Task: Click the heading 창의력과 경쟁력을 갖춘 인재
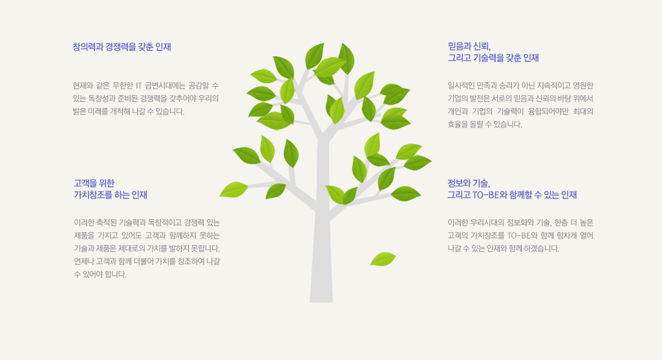coord(122,47)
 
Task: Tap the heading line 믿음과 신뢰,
coord(469,47)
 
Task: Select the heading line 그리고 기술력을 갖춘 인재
coord(493,58)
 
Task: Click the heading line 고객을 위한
coord(94,183)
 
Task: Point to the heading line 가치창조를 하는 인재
coord(110,195)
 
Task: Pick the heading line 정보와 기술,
coord(469,183)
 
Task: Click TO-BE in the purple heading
coord(486,195)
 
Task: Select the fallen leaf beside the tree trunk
coord(383,259)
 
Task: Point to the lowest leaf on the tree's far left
coord(233,189)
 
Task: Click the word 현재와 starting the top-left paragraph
coord(82,86)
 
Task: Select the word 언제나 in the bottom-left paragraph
coord(83,262)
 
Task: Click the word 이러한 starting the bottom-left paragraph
coord(83,222)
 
